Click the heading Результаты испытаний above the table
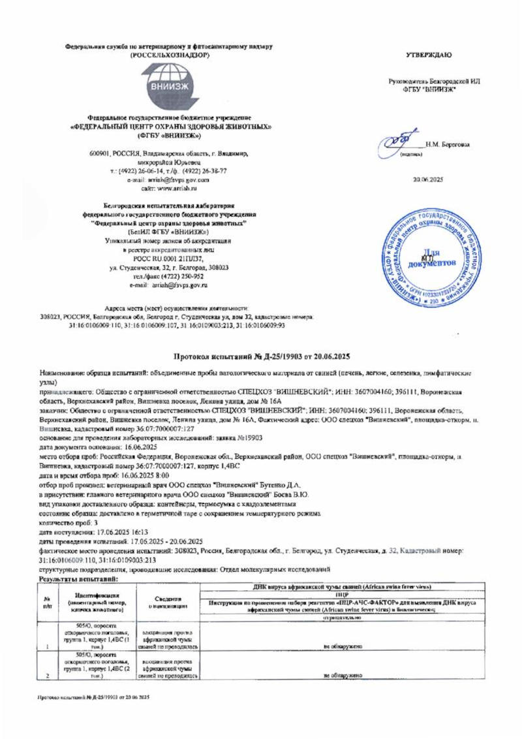(x=78, y=579)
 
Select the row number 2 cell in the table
(x=48, y=676)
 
